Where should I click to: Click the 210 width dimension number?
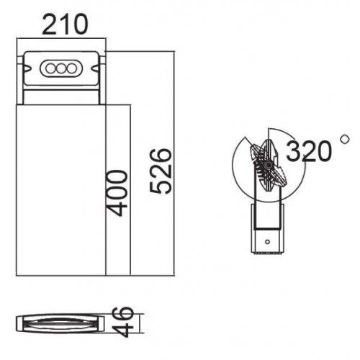64,25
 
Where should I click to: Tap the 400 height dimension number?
117,192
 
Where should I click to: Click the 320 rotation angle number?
309,151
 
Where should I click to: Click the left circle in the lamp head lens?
53,68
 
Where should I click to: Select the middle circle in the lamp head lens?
62,68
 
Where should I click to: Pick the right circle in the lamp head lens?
71,68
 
